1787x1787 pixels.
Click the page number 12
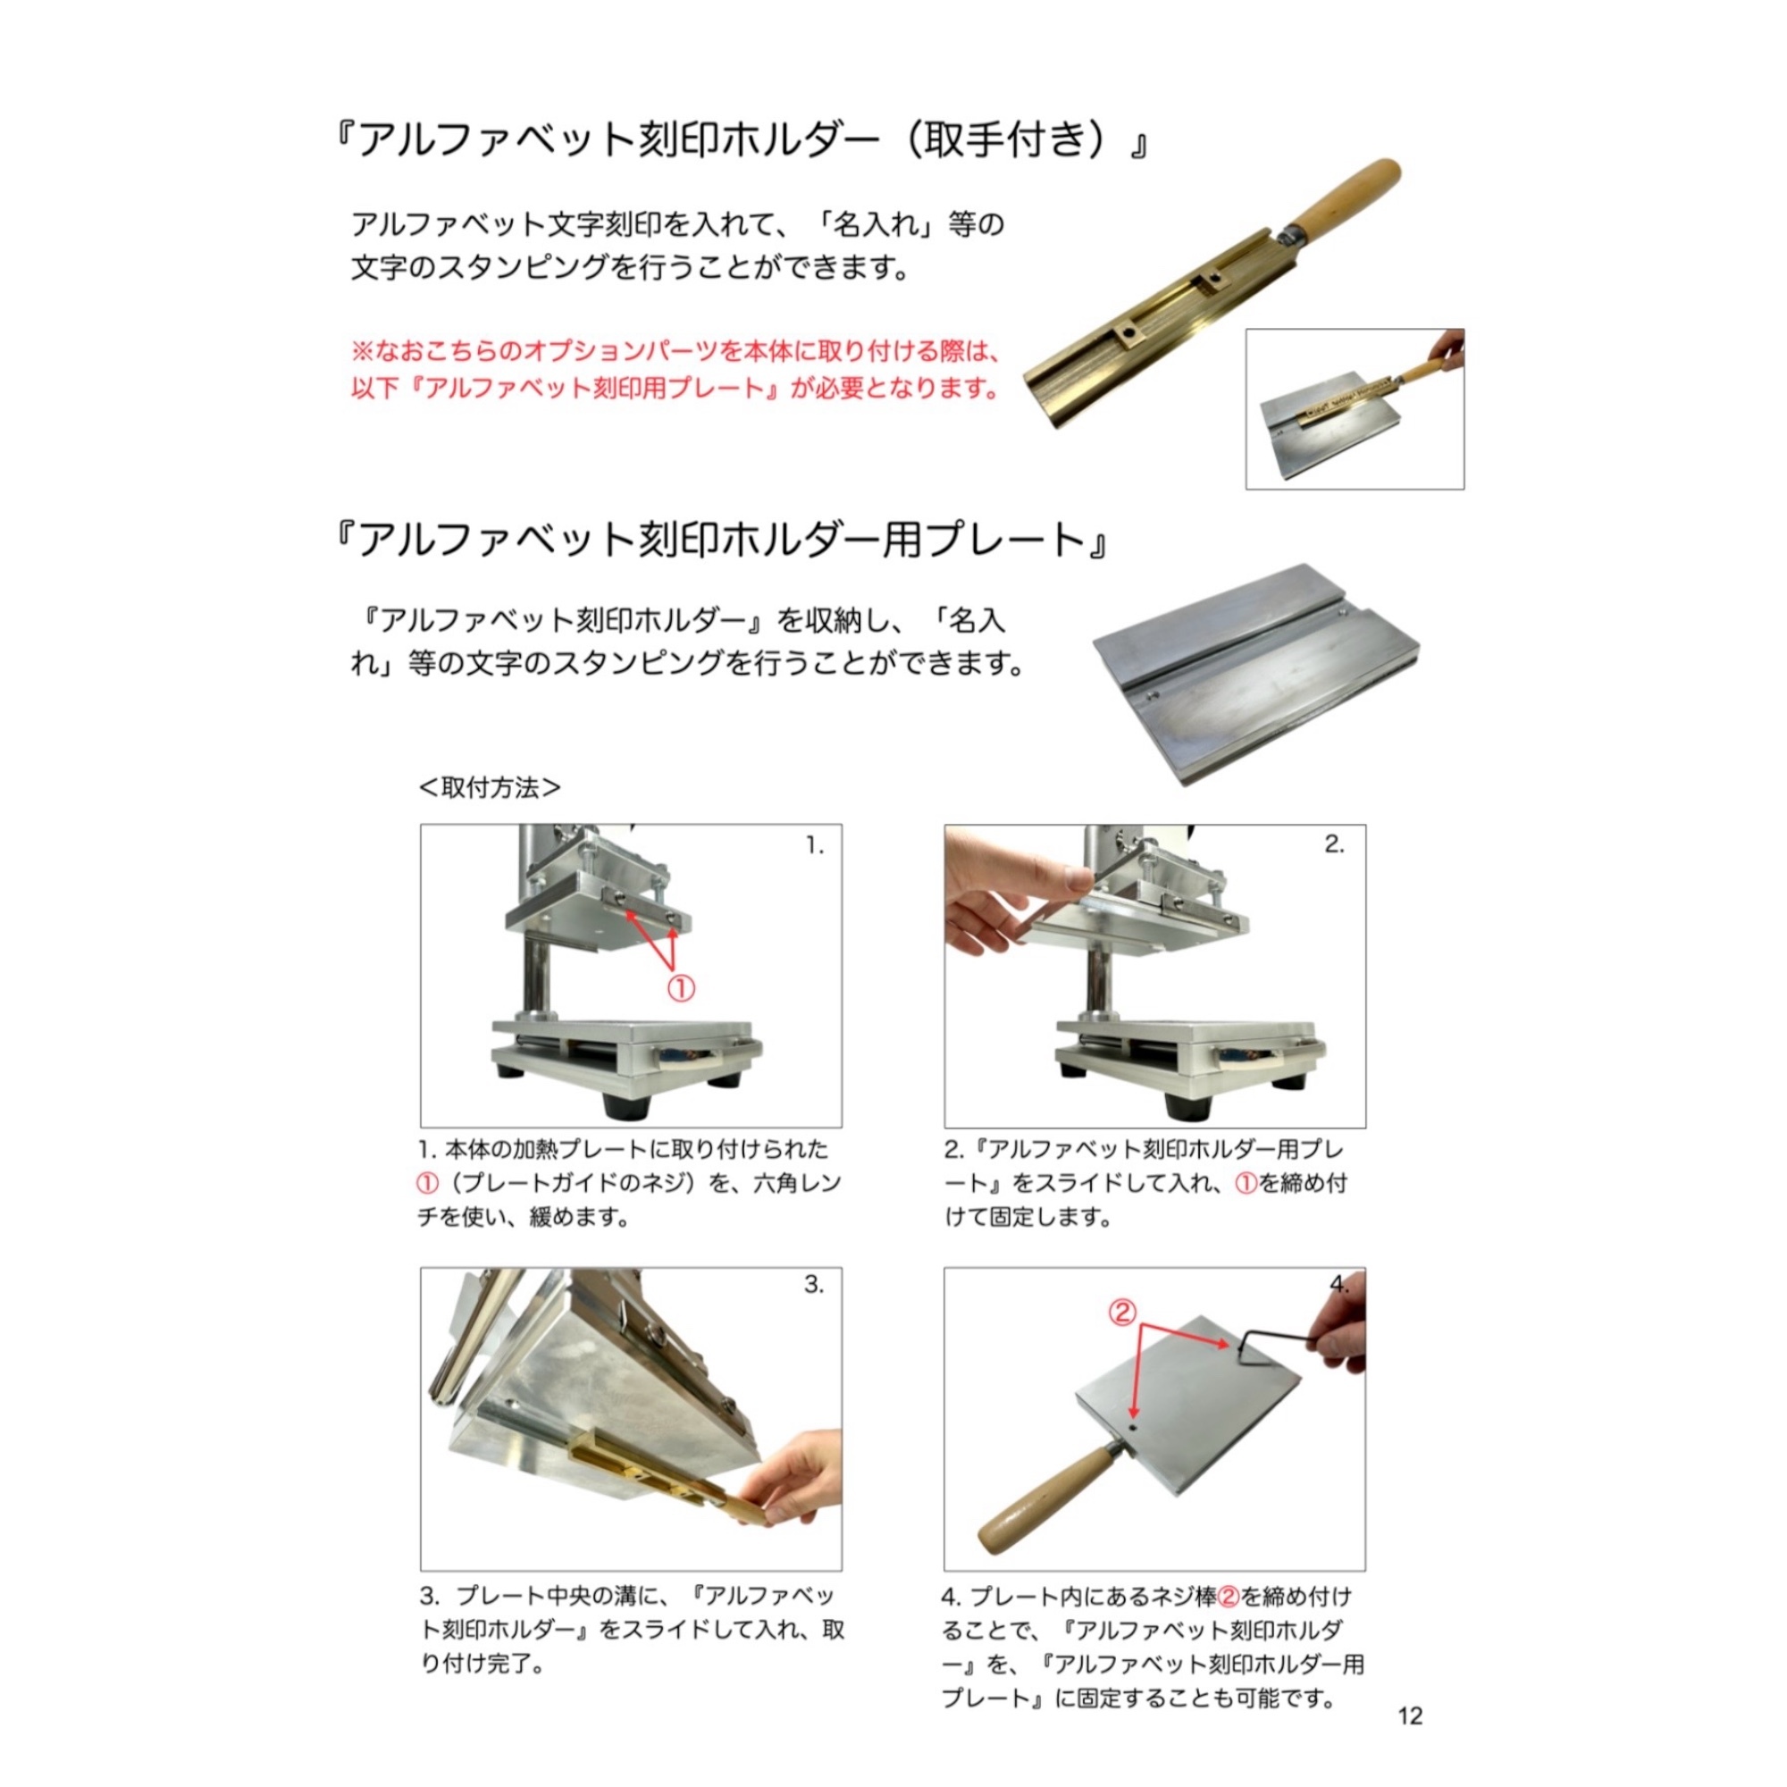[x=1411, y=1716]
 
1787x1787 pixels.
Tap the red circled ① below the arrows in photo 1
[x=681, y=989]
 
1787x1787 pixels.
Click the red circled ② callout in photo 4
[x=1122, y=1313]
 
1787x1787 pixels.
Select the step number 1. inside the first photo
[x=815, y=845]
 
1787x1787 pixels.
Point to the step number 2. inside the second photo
[x=1334, y=843]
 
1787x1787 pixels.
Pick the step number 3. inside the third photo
[x=814, y=1285]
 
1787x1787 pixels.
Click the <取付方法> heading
[x=491, y=787]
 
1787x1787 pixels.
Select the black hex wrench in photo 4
[x=1271, y=1340]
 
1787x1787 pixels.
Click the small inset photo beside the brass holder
[x=1355, y=409]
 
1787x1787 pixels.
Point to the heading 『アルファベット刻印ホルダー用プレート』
[x=720, y=540]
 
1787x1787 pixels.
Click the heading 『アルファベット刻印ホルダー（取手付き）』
[x=740, y=140]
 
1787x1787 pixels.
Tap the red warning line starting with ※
[x=675, y=350]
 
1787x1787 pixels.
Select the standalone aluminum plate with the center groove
[x=1256, y=674]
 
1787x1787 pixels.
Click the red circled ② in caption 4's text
[x=1229, y=1597]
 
